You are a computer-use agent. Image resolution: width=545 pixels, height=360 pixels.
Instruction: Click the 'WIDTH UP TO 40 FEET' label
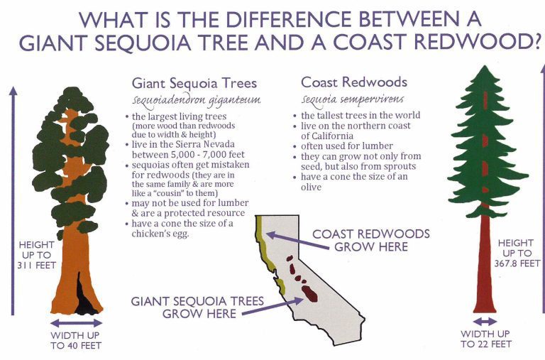[x=75, y=340]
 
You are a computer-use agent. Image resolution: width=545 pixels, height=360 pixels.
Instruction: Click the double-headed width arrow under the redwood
[x=484, y=322]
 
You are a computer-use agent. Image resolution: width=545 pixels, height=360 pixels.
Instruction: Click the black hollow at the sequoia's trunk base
[x=86, y=299]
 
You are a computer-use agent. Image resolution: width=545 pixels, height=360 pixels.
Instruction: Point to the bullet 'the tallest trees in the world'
[x=360, y=115]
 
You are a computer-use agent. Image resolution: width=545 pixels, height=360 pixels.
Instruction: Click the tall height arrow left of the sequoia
[x=12, y=199]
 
